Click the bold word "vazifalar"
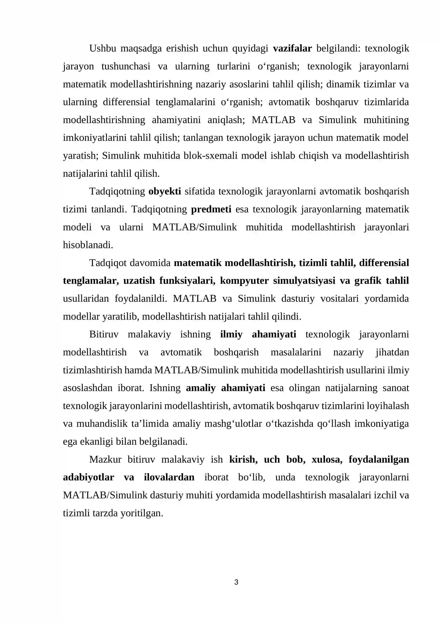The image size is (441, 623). tap(292, 48)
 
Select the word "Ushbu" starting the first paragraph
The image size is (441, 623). tap(102, 48)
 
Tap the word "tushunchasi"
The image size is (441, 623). tap(126, 66)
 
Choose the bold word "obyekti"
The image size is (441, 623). tap(165, 191)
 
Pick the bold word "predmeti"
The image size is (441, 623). tap(211, 209)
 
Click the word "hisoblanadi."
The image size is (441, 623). tap(88, 245)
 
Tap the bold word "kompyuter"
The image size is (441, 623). tap(244, 281)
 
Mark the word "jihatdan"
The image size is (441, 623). tap(392, 352)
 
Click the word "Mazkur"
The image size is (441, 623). tap(105, 459)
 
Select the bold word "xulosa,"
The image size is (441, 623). tap(327, 459)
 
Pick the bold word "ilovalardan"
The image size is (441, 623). tap(169, 477)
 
